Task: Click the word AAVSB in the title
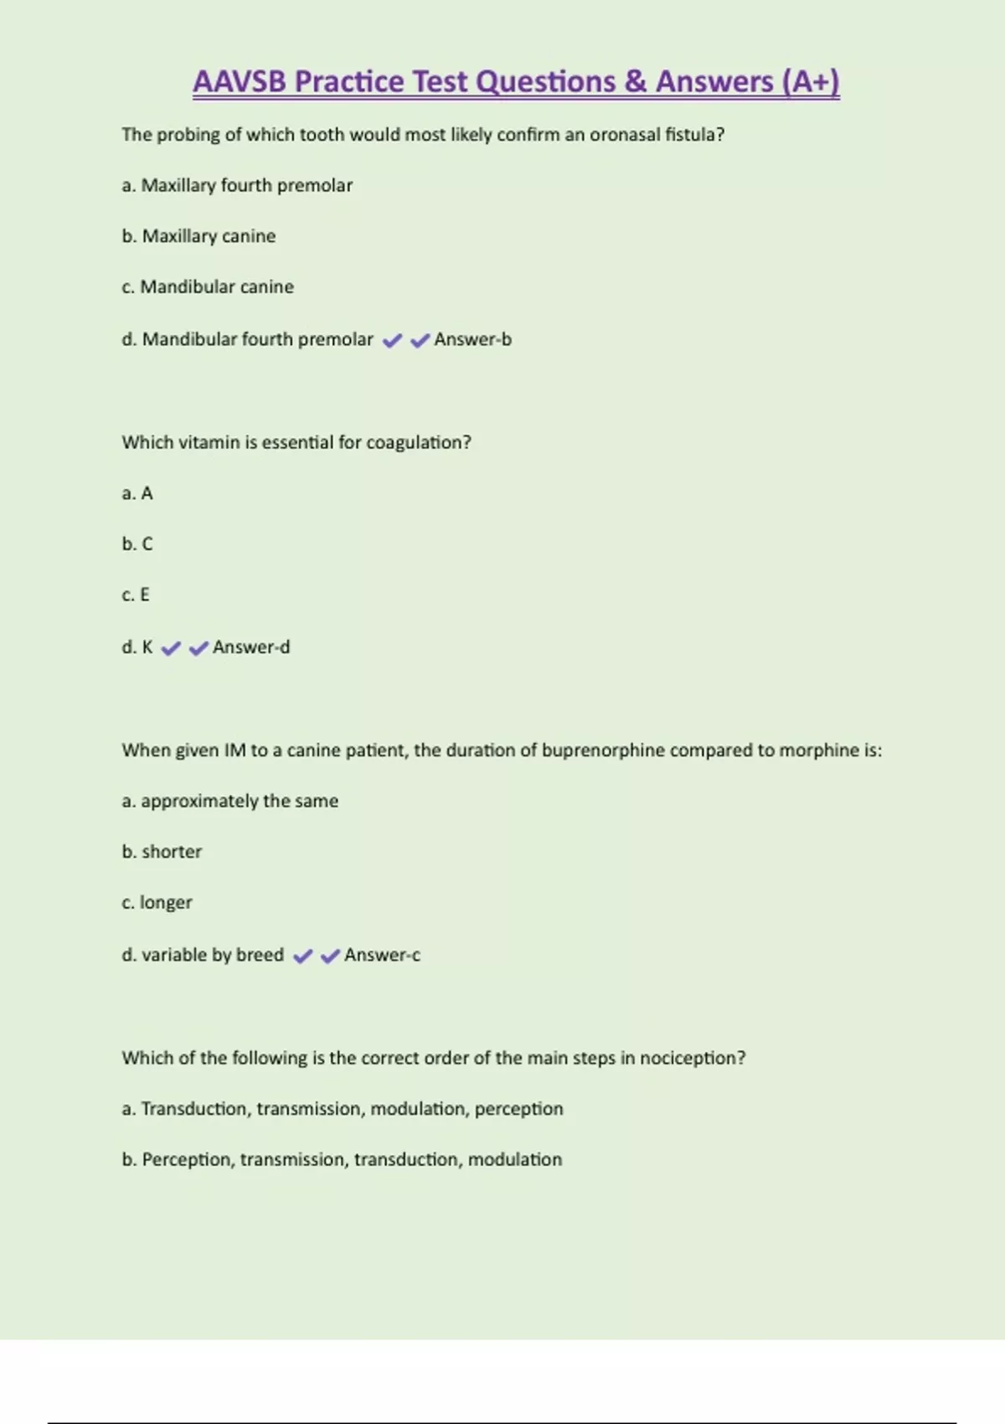[x=240, y=82]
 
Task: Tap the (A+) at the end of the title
[x=810, y=82]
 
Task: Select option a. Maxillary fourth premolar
[x=237, y=185]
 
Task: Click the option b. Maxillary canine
[x=198, y=236]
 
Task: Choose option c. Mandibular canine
[x=208, y=287]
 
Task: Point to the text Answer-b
[x=472, y=339]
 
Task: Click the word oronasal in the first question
[x=625, y=135]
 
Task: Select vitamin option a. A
[x=137, y=493]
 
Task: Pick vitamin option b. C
[x=137, y=544]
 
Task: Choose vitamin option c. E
[x=136, y=596]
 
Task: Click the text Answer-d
[x=251, y=648]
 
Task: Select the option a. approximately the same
[x=230, y=801]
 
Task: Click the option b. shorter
[x=162, y=852]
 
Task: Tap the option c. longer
[x=157, y=903]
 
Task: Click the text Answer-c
[x=382, y=955]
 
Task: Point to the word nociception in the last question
[x=692, y=1058]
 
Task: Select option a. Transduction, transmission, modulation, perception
[x=343, y=1109]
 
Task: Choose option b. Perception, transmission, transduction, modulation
[x=342, y=1160]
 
